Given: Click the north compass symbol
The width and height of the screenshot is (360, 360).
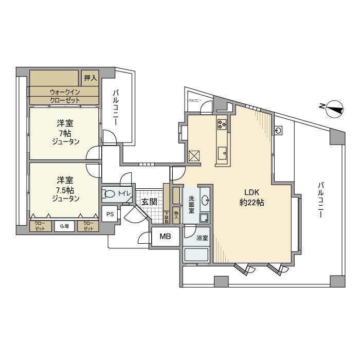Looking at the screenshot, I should pos(333,107).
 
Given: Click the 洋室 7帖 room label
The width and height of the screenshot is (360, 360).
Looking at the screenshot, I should pos(65,133).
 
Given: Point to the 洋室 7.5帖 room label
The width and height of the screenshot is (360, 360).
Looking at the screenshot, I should pos(65,189).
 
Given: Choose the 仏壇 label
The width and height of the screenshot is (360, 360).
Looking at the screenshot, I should pos(65,225).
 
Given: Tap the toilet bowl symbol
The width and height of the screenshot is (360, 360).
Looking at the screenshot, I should pos(110,194).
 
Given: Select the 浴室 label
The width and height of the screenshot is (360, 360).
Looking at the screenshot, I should pos(202,238).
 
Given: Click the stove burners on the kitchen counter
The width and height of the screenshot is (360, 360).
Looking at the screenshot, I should pos(222,123).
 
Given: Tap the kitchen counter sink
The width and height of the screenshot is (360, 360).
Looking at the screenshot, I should pos(222,152).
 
